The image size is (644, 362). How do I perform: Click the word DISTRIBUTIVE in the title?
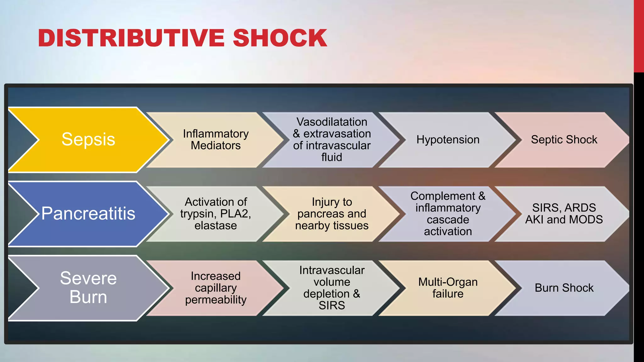131,38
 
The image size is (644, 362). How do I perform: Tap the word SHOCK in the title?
280,38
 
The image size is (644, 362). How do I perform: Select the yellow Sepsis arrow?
88,140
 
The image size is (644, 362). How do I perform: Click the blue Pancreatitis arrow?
88,214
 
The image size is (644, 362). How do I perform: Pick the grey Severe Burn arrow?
88,288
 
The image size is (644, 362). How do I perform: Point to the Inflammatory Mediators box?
216,140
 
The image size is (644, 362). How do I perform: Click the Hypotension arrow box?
448,140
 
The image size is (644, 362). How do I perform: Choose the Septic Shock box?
564,140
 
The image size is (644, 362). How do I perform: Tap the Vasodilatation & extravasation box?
332,140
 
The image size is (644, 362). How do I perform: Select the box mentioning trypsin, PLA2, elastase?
216,214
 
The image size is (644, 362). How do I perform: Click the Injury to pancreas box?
332,214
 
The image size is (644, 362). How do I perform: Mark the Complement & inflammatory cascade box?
448,214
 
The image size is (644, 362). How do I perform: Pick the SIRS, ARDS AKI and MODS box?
564,214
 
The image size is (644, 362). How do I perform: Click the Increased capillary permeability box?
216,288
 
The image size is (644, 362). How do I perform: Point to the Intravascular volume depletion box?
332,288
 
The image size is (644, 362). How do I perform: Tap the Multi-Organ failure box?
448,288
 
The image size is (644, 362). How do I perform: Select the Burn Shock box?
564,288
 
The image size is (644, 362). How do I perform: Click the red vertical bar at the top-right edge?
639,36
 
